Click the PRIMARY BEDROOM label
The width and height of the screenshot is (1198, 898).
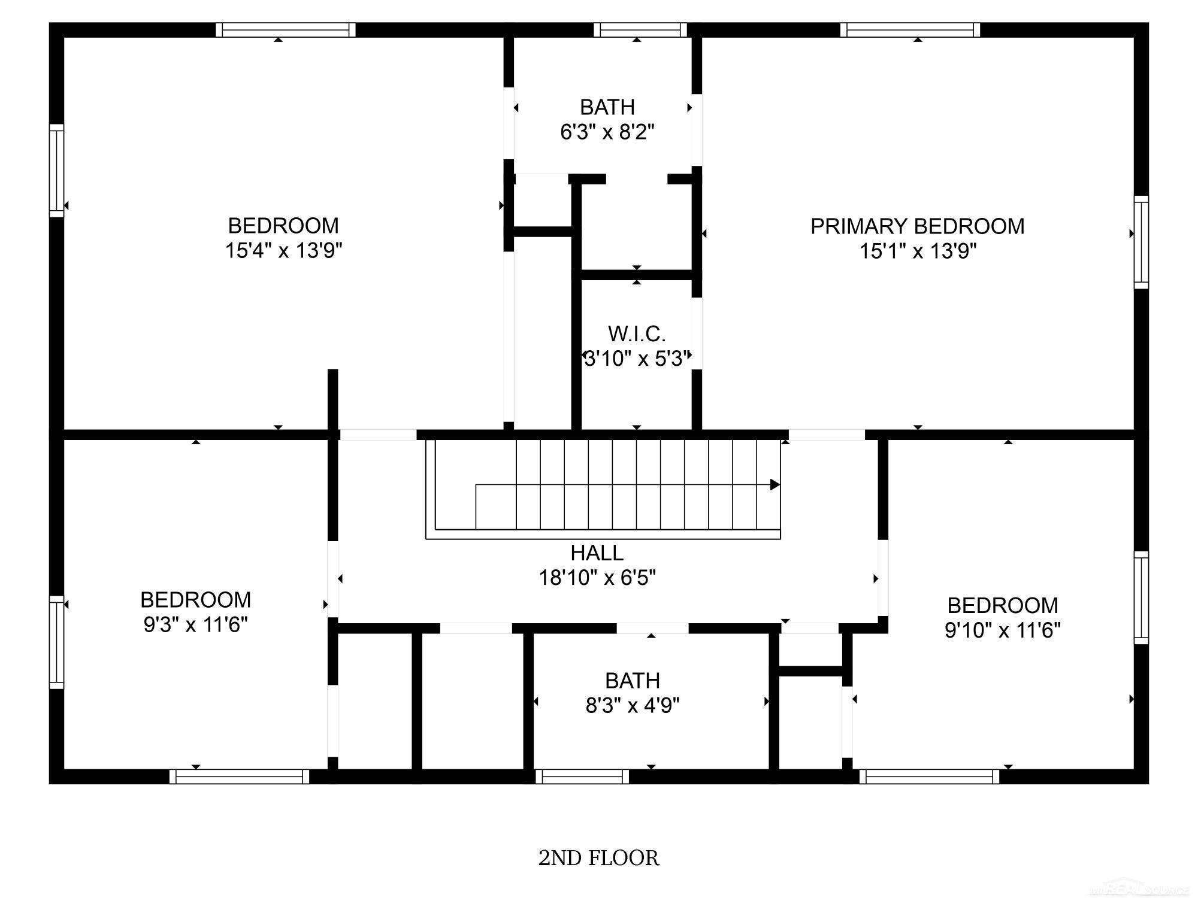(917, 226)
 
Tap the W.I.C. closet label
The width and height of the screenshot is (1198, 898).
(636, 333)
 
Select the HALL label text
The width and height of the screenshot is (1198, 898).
(597, 553)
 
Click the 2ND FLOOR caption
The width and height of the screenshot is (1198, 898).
(598, 858)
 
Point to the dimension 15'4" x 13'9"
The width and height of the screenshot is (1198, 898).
(283, 250)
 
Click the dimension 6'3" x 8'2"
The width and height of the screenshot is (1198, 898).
(607, 132)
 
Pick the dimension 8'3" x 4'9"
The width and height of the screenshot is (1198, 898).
(633, 705)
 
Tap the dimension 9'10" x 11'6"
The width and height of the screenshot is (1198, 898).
(1003, 630)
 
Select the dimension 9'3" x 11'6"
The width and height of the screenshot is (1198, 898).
(195, 625)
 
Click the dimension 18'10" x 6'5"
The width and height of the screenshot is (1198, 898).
(597, 578)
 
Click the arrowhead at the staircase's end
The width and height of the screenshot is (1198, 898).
(775, 484)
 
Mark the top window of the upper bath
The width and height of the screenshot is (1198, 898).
(640, 30)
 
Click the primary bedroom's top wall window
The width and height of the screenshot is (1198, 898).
(910, 30)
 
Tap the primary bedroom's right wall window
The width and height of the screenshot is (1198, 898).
(1142, 242)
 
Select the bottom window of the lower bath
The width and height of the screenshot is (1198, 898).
(582, 776)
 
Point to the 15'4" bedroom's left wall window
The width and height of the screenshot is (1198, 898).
(56, 171)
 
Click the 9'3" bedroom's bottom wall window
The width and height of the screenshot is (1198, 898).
(239, 776)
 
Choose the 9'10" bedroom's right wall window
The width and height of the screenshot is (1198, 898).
(1142, 597)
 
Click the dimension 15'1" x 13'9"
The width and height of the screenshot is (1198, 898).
(918, 251)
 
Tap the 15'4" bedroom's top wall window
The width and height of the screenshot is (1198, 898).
(286, 30)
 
